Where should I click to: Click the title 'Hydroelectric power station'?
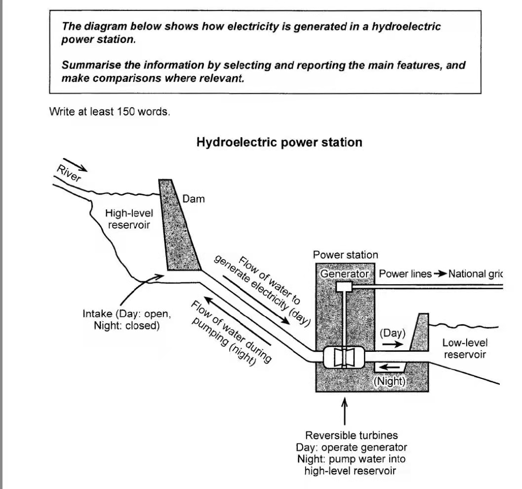click(x=279, y=143)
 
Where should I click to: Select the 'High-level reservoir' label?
click(x=129, y=219)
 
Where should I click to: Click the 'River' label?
click(x=68, y=174)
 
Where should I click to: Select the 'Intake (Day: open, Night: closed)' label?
click(x=127, y=319)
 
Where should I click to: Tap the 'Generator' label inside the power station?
click(x=345, y=273)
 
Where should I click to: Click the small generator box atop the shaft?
click(x=343, y=287)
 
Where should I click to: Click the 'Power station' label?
click(x=346, y=255)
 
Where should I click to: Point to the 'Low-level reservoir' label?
click(x=464, y=348)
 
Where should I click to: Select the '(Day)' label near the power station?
click(x=392, y=333)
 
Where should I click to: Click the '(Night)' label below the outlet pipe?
click(x=389, y=381)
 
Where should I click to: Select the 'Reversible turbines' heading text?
click(x=351, y=435)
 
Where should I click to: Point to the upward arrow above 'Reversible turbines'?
click(x=345, y=412)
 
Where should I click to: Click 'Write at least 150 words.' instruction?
click(x=110, y=112)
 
